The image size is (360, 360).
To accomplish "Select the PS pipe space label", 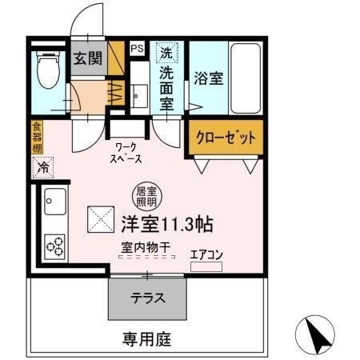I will [137, 49].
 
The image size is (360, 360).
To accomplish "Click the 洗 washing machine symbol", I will [165, 54].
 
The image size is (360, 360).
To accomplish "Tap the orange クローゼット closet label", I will [225, 137].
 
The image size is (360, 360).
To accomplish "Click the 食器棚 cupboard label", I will [37, 136].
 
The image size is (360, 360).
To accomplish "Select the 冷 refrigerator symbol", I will [42, 168].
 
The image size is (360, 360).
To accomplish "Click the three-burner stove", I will [54, 243].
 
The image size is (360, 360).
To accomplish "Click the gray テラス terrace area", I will [148, 299].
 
